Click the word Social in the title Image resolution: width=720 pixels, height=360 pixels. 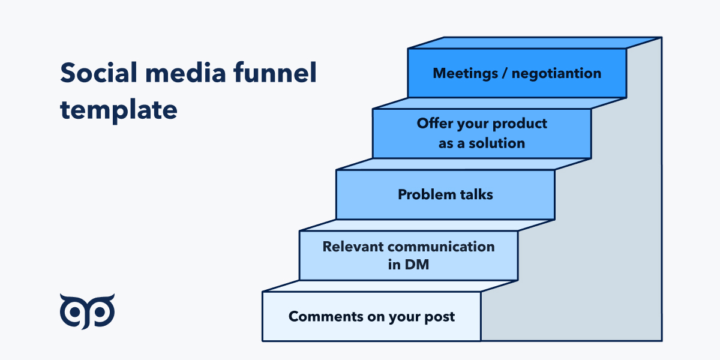[98, 73]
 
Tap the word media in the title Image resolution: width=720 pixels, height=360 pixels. [186, 73]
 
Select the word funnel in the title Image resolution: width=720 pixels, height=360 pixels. [275, 73]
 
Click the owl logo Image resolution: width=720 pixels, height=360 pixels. [87, 311]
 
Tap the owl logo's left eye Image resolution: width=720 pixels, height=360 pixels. [74, 312]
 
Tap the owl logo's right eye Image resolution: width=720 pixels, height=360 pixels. [101, 312]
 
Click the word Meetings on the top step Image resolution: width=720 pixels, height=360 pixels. [465, 74]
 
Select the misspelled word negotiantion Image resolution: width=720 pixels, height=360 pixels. [556, 74]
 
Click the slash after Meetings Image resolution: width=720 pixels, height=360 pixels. [505, 74]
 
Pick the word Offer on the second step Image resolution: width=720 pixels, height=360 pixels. [434, 124]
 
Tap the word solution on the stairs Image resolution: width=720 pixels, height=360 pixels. [497, 143]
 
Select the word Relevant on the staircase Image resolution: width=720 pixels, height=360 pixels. [353, 247]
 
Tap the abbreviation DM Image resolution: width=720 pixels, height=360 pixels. [416, 265]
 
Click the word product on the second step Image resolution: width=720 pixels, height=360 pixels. [520, 124]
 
